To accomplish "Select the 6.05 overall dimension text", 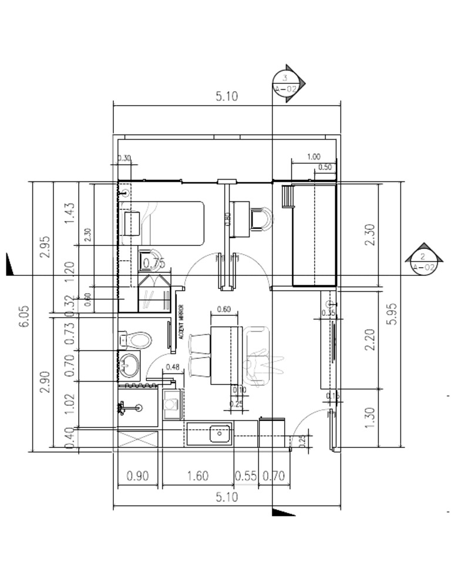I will (23, 317).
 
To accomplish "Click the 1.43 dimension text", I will (70, 213).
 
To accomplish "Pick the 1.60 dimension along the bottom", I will (197, 476).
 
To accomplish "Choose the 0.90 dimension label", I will (138, 476).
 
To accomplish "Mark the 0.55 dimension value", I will (245, 476).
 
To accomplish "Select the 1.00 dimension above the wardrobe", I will (314, 157).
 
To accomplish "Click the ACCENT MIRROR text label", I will (181, 322).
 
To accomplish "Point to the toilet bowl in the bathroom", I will (137, 339).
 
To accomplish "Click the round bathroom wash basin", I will (130, 365).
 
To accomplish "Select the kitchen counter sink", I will (220, 434).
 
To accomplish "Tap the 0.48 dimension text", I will (173, 368).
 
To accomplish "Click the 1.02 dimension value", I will (70, 405).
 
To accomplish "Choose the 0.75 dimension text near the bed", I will (154, 264).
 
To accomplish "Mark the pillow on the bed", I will (132, 223).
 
